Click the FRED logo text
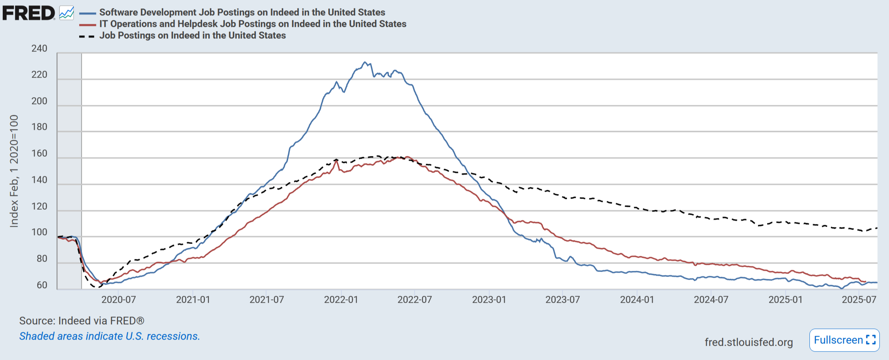(x=29, y=13)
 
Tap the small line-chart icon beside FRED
(x=66, y=13)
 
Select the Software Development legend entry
(x=242, y=12)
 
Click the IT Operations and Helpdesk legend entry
(x=253, y=24)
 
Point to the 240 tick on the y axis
(x=39, y=48)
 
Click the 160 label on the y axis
(x=39, y=153)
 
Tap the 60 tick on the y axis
(x=42, y=285)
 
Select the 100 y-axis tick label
(x=39, y=232)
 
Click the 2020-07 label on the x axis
(x=118, y=300)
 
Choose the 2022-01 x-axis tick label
(x=341, y=300)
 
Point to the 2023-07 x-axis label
(x=562, y=300)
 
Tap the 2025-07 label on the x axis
(x=859, y=300)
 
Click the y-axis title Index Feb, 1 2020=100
(x=14, y=171)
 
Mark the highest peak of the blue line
(x=365, y=62)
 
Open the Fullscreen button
(x=844, y=340)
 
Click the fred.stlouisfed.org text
(x=748, y=342)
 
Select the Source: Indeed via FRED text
(x=81, y=321)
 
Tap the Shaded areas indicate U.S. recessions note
(x=110, y=336)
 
